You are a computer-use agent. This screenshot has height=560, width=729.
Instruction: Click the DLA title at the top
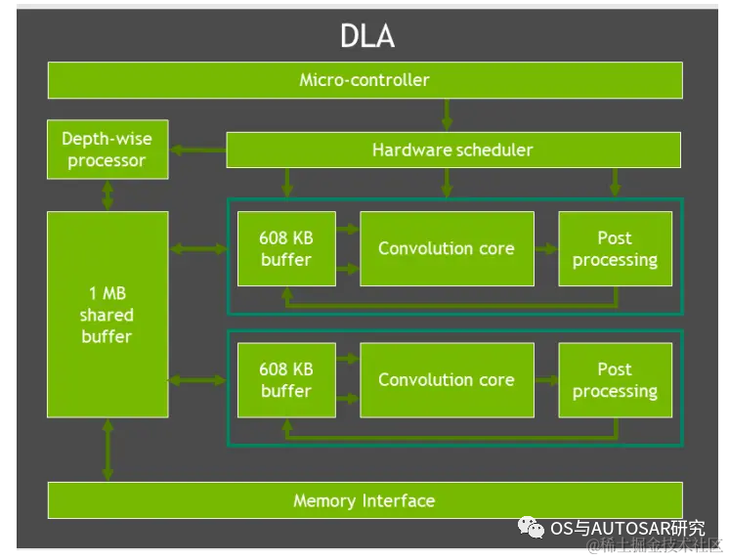[367, 36]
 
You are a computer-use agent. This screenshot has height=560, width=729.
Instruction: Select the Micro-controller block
[364, 80]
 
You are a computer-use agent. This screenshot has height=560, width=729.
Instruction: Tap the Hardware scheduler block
[453, 150]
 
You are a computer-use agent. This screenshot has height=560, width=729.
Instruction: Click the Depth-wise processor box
[107, 150]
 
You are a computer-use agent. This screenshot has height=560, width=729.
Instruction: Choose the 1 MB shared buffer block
[107, 315]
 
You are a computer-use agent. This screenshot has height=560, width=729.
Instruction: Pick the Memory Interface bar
[364, 500]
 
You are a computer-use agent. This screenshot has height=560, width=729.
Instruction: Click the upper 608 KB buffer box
[286, 249]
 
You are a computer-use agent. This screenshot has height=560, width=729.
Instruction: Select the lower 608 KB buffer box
[286, 380]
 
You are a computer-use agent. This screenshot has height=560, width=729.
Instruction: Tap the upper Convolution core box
[447, 249]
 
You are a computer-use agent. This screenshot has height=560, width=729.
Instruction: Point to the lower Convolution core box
[447, 380]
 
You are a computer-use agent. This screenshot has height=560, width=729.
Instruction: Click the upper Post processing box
[615, 249]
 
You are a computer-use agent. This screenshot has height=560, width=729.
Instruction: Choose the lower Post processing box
[615, 380]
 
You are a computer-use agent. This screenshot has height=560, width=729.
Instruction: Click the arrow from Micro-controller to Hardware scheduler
[447, 115]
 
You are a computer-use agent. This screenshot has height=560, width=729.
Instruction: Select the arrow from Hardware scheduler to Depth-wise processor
[197, 150]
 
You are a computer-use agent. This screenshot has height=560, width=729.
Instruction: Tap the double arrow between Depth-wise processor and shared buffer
[107, 195]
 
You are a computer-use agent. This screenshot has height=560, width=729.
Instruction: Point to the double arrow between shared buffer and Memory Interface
[107, 450]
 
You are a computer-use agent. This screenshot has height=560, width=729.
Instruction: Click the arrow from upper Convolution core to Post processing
[546, 249]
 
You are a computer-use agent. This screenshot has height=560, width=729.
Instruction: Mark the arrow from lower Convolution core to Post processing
[546, 380]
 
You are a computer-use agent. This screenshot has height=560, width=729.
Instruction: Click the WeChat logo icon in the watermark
[531, 528]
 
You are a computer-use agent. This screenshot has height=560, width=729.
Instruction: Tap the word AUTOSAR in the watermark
[630, 529]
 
